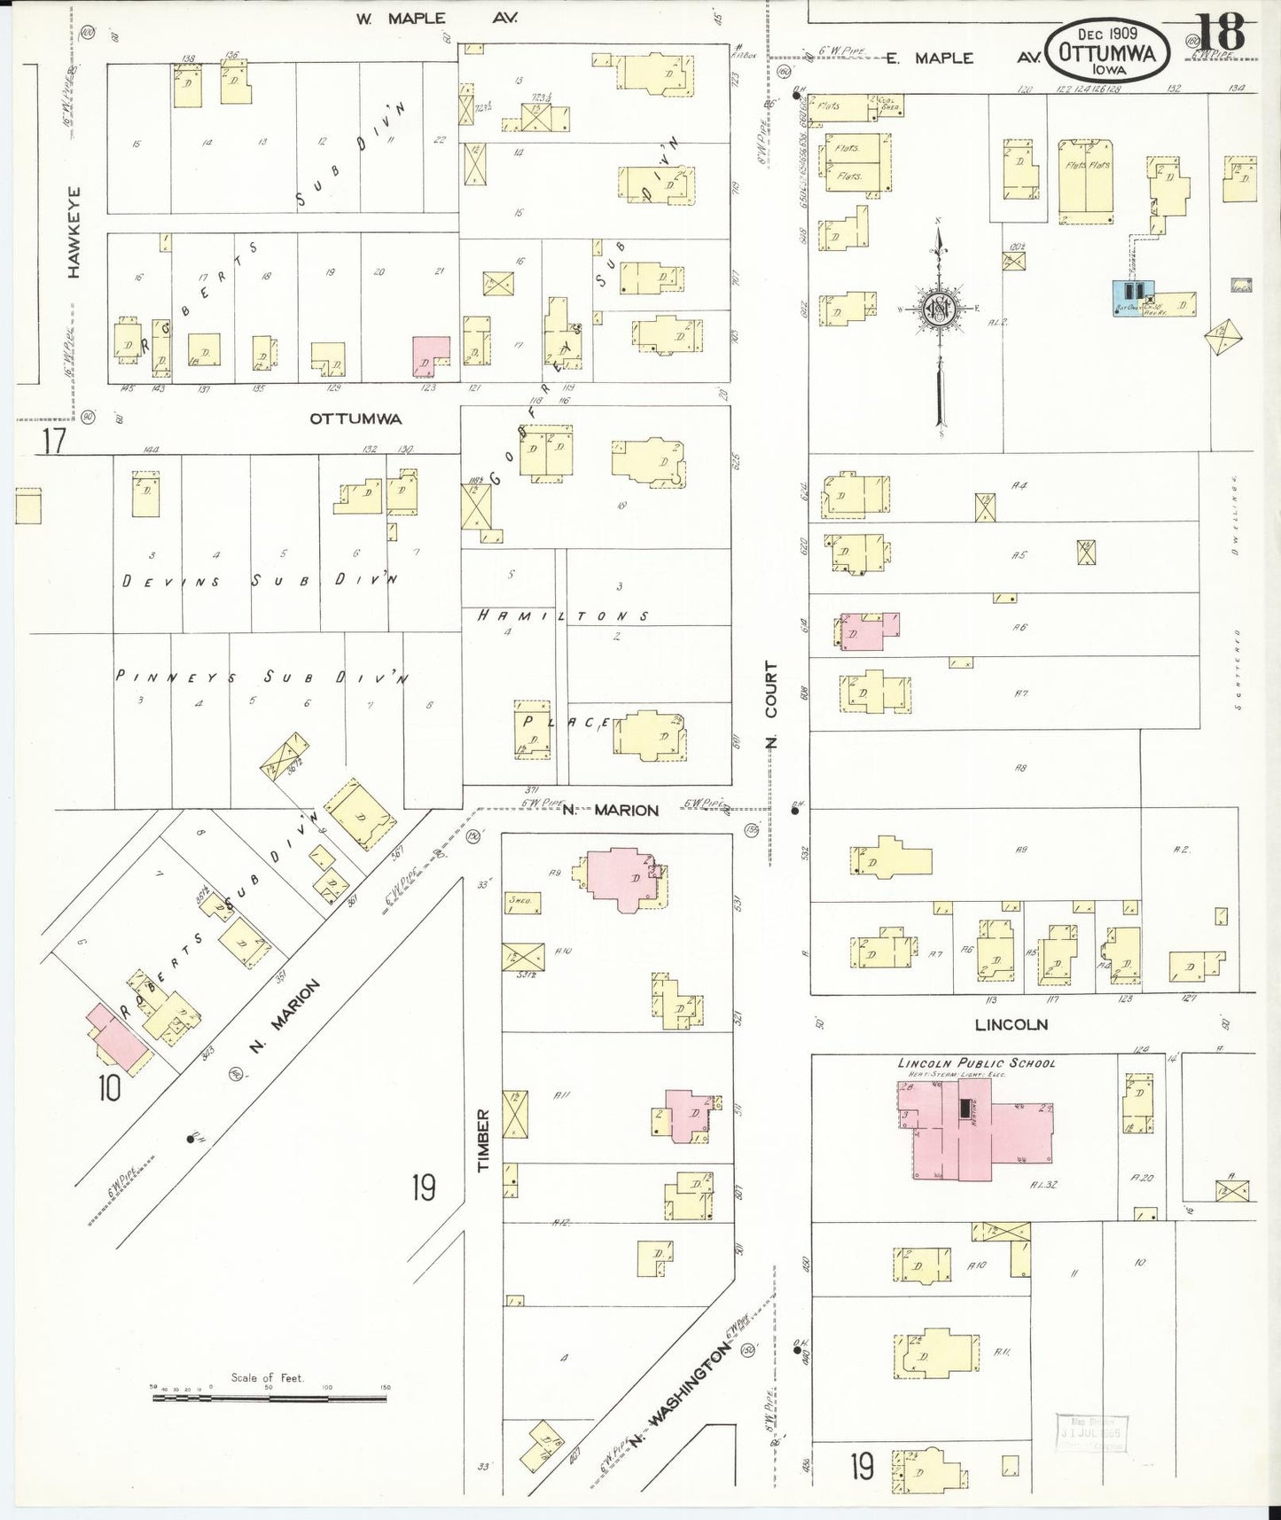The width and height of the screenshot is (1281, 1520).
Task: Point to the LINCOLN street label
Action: pos(1011,1024)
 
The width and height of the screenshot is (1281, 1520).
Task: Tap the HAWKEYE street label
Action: pos(74,231)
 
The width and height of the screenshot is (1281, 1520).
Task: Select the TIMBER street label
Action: pos(483,1140)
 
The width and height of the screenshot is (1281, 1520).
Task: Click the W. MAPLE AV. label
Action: pos(437,18)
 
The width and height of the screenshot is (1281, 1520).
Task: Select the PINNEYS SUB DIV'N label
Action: pos(262,677)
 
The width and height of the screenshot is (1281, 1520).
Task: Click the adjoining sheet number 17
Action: pos(53,441)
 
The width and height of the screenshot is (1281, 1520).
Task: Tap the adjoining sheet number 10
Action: pos(109,1088)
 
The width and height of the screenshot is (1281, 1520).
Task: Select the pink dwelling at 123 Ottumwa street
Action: pos(431,356)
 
